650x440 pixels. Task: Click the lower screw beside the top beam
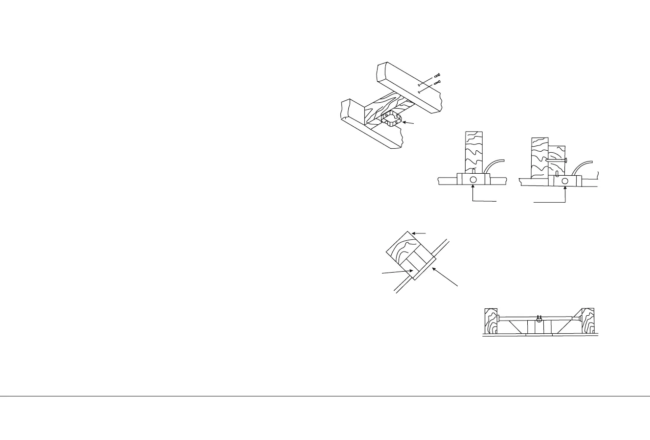pos(438,82)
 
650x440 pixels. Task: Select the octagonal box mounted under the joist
pos(391,118)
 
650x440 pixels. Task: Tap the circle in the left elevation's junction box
pos(473,180)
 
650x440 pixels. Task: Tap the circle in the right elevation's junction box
pos(565,181)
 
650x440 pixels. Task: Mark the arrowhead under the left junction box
pos(473,188)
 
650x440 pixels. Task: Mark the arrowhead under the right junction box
pos(565,188)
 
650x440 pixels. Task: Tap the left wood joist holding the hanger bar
pos(491,322)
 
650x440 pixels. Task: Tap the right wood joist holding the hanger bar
pos(587,322)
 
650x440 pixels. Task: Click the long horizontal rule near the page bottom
pos(325,396)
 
